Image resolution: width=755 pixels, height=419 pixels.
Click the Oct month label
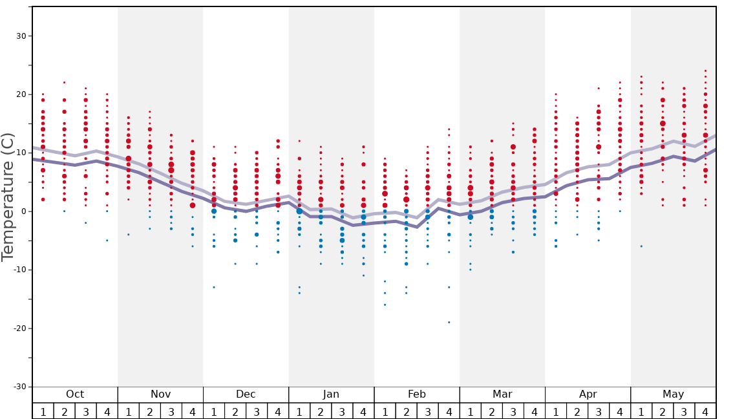click(x=75, y=394)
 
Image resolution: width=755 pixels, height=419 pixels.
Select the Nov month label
click(x=160, y=394)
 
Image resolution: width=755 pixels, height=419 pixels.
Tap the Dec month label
click(x=246, y=394)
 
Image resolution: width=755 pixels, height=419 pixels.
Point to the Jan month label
click(x=331, y=394)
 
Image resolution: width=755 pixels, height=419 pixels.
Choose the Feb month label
click(x=417, y=394)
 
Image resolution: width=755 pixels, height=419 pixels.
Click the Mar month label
click(x=502, y=394)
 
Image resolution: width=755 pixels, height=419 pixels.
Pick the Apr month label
click(x=588, y=394)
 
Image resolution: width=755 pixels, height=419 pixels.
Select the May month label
click(x=673, y=394)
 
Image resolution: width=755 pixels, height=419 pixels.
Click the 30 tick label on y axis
click(x=21, y=36)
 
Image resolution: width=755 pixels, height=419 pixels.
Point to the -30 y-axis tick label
click(x=19, y=387)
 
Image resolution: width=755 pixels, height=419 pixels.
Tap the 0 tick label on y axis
click(x=24, y=211)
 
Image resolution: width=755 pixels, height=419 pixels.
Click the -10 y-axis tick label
click(x=19, y=270)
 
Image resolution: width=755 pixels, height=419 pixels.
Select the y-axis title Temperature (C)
click(x=8, y=197)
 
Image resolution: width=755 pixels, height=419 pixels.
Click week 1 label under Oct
click(x=43, y=411)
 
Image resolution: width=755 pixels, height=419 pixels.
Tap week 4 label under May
click(x=705, y=411)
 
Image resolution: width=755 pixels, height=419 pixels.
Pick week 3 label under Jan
click(x=342, y=411)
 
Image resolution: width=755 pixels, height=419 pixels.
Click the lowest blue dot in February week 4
click(x=449, y=322)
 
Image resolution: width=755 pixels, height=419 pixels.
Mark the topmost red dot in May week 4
click(x=705, y=70)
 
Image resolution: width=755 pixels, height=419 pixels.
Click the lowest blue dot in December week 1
click(x=214, y=287)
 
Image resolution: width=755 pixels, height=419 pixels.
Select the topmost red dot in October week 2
click(x=64, y=82)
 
